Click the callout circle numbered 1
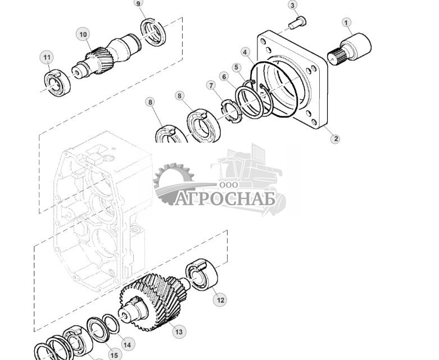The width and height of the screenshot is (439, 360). coord(347,23)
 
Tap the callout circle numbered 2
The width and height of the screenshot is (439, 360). coord(335,139)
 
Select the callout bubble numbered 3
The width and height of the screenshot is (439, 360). coord(292,5)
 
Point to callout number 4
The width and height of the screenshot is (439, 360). coord(245,52)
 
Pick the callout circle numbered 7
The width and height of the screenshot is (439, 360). coord(212,85)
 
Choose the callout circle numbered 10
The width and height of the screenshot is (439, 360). coord(83,35)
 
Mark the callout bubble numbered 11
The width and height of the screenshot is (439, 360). coord(47,57)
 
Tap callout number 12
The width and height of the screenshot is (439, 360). coord(220,300)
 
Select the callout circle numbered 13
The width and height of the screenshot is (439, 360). coord(179,332)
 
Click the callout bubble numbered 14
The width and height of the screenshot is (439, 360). coord(127,345)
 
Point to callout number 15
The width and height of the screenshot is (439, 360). coord(114,355)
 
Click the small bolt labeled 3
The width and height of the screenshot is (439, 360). coord(298,23)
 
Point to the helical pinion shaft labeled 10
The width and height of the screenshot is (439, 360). coord(107,54)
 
